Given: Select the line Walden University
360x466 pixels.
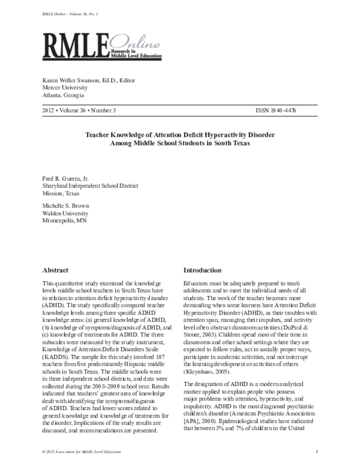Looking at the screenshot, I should pos(65,213).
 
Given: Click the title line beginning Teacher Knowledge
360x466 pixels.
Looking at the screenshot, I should pos(181,135).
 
